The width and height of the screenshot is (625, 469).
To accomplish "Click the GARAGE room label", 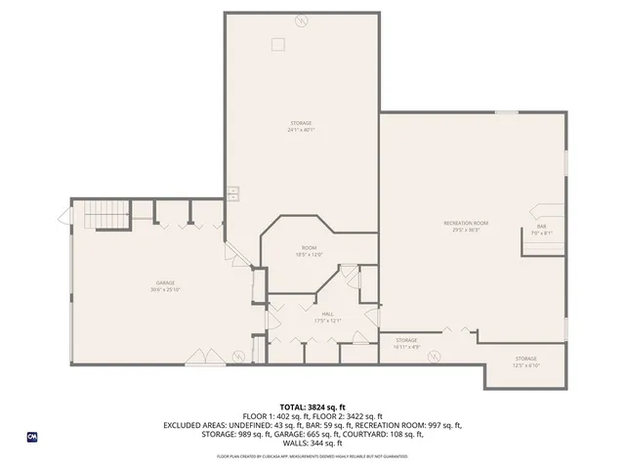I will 149,282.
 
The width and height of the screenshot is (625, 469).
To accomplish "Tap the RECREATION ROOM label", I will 466,224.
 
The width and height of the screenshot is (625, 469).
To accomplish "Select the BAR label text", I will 541,227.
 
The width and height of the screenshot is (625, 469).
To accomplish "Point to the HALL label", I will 313,314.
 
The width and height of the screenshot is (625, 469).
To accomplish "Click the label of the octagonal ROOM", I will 309,248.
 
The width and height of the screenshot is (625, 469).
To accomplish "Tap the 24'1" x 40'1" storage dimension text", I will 300,130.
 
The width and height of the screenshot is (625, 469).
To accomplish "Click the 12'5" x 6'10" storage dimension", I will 526,365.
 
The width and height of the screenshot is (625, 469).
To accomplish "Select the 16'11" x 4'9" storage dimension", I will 406,347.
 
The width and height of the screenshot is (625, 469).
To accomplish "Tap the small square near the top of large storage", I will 278,42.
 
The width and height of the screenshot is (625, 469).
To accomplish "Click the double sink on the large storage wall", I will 233,193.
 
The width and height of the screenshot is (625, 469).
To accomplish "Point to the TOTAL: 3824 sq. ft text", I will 312,406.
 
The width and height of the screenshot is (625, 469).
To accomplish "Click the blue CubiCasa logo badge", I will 32,437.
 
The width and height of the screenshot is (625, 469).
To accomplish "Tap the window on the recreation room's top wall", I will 506,112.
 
